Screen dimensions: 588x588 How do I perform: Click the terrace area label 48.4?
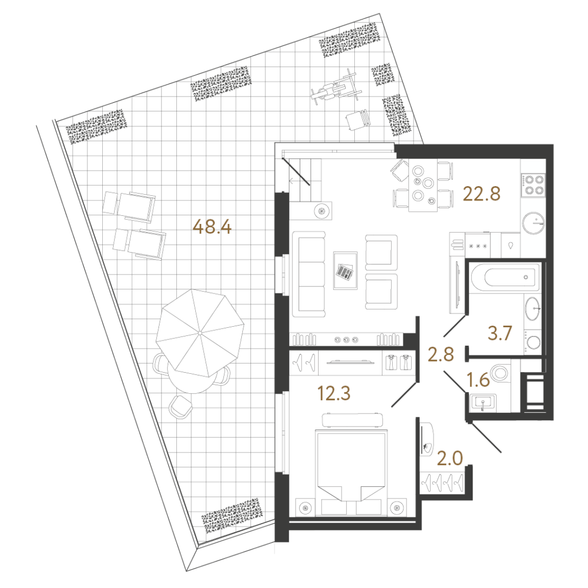pyautogui.click(x=212, y=227)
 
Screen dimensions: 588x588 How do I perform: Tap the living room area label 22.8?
pyautogui.click(x=482, y=194)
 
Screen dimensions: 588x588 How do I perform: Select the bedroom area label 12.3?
pyautogui.click(x=334, y=393)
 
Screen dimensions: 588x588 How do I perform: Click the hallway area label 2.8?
pyautogui.click(x=441, y=354)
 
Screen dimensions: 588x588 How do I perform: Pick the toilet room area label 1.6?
pyautogui.click(x=478, y=380)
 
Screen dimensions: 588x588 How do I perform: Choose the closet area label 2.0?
pyautogui.click(x=450, y=458)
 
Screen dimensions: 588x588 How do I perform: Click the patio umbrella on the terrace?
pyautogui.click(x=200, y=333)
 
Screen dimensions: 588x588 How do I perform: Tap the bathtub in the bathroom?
pyautogui.click(x=505, y=277)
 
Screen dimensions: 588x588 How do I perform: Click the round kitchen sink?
pyautogui.click(x=533, y=223)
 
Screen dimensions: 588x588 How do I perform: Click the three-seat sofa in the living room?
pyautogui.click(x=308, y=274)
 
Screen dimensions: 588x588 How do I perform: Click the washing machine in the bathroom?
pyautogui.click(x=532, y=342)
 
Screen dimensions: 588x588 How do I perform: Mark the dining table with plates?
pyautogui.click(x=423, y=185)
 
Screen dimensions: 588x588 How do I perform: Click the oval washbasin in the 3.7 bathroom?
pyautogui.click(x=533, y=308)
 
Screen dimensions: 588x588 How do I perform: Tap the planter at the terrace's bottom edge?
pyautogui.click(x=231, y=516)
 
